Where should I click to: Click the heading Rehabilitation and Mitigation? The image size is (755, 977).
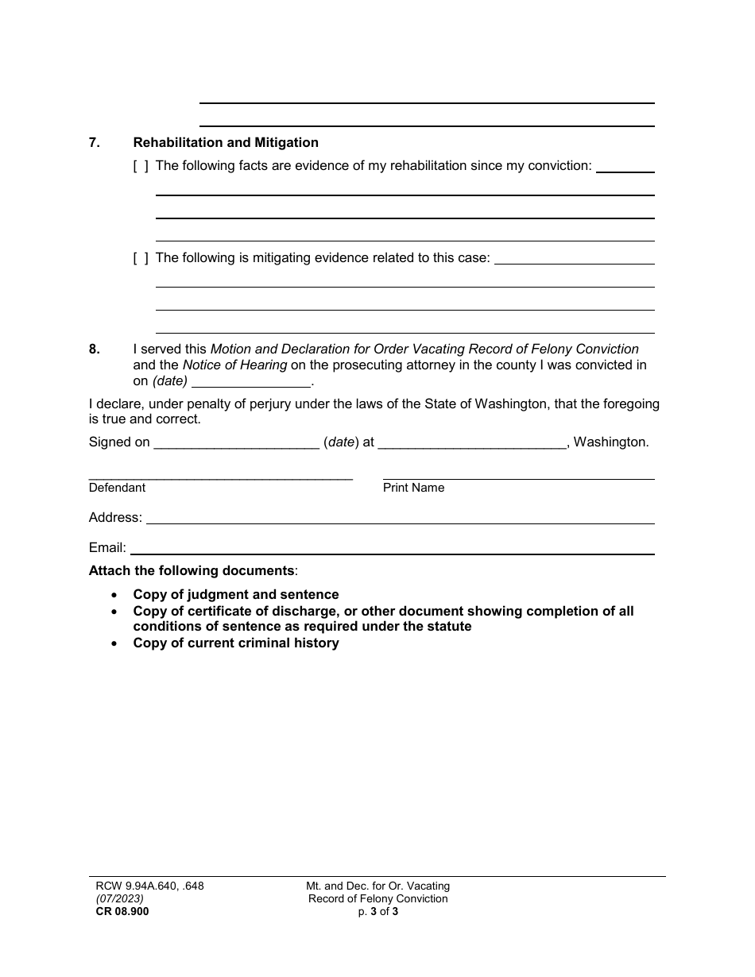[x=226, y=143]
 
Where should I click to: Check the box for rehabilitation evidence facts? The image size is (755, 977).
[x=141, y=166]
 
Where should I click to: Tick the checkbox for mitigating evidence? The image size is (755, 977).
[x=141, y=258]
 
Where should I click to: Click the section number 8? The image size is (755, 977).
[x=95, y=349]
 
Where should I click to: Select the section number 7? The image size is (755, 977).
[x=95, y=143]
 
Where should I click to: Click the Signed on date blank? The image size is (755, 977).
[x=236, y=443]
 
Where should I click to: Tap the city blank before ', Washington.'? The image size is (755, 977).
[x=472, y=443]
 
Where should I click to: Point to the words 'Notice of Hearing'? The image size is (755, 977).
[x=234, y=365]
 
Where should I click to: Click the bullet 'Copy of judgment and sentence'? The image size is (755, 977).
[x=236, y=595]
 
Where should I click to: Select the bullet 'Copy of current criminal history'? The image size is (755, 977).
[x=236, y=643]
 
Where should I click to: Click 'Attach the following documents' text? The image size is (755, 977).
[x=192, y=571]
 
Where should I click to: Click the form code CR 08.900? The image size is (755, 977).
[x=118, y=912]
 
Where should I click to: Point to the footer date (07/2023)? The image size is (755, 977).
[x=116, y=899]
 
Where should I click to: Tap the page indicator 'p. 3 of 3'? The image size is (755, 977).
[x=378, y=912]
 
